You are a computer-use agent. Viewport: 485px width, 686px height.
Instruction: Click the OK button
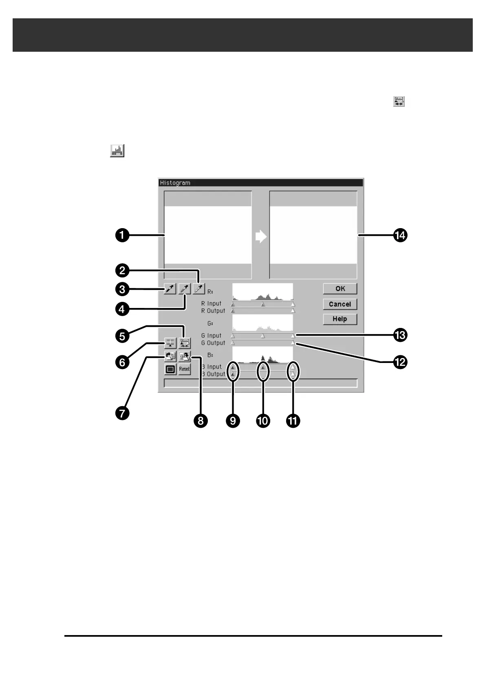tap(340, 289)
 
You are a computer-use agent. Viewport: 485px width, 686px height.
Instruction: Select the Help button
tap(340, 319)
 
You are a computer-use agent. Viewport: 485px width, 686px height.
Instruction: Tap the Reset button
tap(185, 369)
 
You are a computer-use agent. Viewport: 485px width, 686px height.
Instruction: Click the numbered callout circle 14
tap(400, 235)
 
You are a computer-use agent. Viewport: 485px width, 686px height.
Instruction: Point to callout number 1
tap(122, 235)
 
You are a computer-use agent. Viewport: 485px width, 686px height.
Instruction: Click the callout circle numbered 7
tap(122, 413)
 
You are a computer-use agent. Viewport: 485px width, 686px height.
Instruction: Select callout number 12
tap(400, 362)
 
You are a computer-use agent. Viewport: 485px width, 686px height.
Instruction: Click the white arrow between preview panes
tap(261, 237)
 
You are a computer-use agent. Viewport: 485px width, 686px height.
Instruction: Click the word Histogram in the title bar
tap(175, 183)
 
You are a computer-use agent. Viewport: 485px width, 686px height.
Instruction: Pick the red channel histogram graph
tap(262, 292)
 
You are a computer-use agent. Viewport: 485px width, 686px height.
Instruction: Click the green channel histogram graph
tap(262, 323)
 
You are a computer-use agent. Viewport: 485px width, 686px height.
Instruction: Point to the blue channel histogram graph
tap(262, 355)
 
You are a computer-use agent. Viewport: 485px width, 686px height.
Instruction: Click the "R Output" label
tap(213, 311)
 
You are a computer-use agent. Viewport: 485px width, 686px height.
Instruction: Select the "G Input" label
tap(211, 336)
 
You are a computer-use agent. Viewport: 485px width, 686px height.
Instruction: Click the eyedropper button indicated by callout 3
tap(170, 289)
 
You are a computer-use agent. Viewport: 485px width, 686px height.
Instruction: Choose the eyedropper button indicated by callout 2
tap(199, 289)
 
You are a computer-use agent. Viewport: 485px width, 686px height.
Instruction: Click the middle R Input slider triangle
tap(263, 304)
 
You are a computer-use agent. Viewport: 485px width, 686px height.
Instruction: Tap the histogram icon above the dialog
tap(117, 151)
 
